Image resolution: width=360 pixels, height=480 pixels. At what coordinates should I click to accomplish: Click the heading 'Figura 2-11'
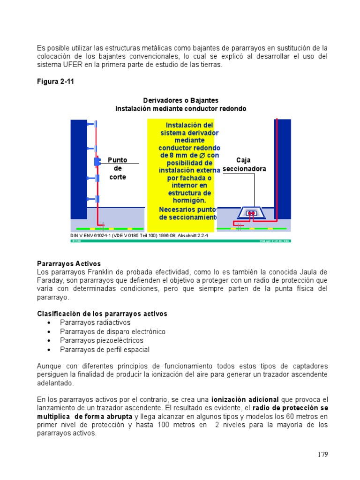[x=55, y=82]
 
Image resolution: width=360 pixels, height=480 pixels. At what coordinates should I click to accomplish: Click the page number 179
[x=322, y=454]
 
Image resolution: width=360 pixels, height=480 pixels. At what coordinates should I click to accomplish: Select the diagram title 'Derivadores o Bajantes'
[x=180, y=101]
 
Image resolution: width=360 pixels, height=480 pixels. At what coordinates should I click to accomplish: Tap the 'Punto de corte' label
[x=117, y=168]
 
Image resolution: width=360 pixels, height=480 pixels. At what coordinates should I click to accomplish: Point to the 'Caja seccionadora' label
[x=244, y=165]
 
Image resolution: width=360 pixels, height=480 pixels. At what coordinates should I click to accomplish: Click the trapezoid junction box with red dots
[x=252, y=213]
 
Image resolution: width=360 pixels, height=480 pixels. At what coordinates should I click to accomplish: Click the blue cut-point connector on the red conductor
[x=97, y=162]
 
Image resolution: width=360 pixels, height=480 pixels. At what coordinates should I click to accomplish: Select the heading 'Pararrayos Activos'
[x=69, y=264]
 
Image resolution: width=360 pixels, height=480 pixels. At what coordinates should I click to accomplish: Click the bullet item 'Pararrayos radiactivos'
[x=95, y=322]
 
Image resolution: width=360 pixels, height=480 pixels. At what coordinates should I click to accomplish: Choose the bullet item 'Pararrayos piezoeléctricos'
[x=102, y=340]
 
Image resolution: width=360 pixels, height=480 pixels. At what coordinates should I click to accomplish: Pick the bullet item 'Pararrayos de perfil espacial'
[x=105, y=349]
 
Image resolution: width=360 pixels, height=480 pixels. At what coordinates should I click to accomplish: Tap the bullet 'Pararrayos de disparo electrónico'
[x=112, y=331]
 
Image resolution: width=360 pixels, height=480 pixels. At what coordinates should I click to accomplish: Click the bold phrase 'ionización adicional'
[x=245, y=399]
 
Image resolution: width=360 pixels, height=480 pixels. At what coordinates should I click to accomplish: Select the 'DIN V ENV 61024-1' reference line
[x=139, y=236]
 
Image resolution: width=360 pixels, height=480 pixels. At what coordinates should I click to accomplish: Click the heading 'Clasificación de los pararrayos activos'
[x=102, y=314]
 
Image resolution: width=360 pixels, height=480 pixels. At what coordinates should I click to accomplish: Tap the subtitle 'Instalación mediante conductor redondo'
[x=180, y=109]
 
